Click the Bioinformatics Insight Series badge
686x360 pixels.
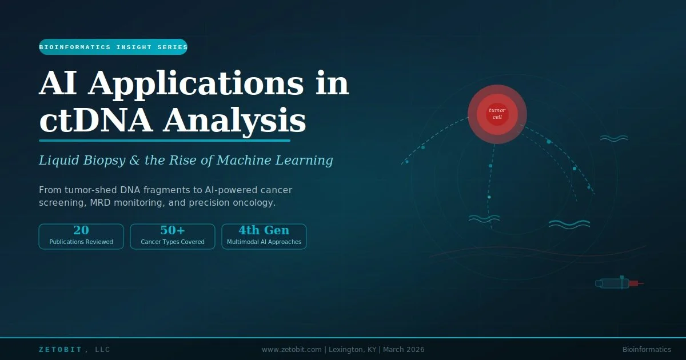(x=113, y=47)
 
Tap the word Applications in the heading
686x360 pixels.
(x=196, y=83)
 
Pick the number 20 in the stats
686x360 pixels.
(x=81, y=230)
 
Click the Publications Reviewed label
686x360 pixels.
(x=81, y=242)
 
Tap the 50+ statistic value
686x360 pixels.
(x=173, y=230)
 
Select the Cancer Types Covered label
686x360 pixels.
(x=173, y=242)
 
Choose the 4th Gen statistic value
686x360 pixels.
(x=264, y=230)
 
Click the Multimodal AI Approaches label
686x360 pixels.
(x=264, y=242)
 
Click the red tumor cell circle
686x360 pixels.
(x=497, y=114)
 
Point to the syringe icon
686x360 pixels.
(x=620, y=283)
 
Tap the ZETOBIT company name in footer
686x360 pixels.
(x=61, y=350)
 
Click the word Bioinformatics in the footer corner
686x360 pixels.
(x=647, y=350)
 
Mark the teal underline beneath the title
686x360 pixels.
(x=165, y=140)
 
